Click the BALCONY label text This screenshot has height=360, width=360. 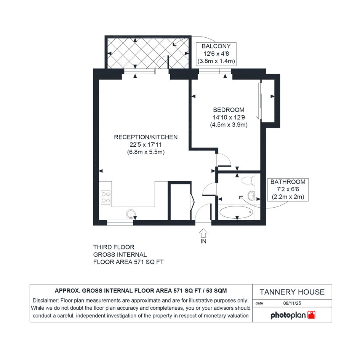tap(216, 46)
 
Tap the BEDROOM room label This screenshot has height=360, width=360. tap(229, 110)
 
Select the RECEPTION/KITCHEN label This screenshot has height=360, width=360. tap(146, 137)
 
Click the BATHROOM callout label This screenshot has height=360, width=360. tap(288, 182)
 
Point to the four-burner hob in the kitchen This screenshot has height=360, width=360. tap(106, 197)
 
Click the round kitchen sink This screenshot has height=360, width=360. tap(131, 214)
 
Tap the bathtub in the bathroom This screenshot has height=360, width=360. tap(236, 212)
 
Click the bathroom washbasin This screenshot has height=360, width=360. tap(251, 196)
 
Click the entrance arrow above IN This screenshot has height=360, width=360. tap(203, 233)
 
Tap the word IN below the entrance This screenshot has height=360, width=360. tap(203, 241)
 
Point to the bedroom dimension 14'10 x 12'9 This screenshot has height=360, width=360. tap(229, 117)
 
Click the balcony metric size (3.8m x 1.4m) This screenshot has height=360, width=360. tap(216, 61)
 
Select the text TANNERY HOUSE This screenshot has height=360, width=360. tap(292, 292)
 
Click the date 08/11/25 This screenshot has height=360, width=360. tap(292, 303)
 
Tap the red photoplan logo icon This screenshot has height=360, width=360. tap(311, 315)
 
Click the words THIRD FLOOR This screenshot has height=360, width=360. tap(114, 247)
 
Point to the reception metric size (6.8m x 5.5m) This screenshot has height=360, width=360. tap(146, 152)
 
